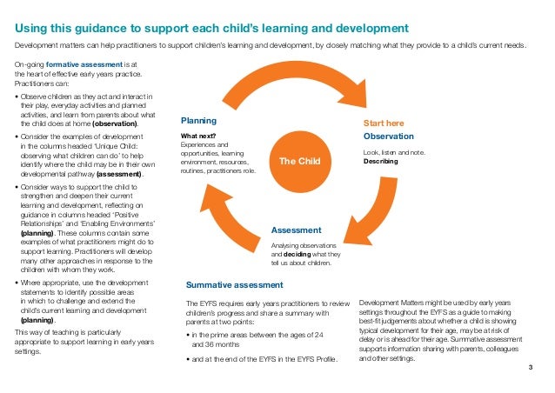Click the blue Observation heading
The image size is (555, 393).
pyautogui.click(x=388, y=137)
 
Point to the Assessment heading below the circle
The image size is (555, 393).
pyautogui.click(x=297, y=230)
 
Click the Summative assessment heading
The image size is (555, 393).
pyautogui.click(x=235, y=284)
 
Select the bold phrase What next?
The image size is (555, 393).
pyautogui.click(x=197, y=136)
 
